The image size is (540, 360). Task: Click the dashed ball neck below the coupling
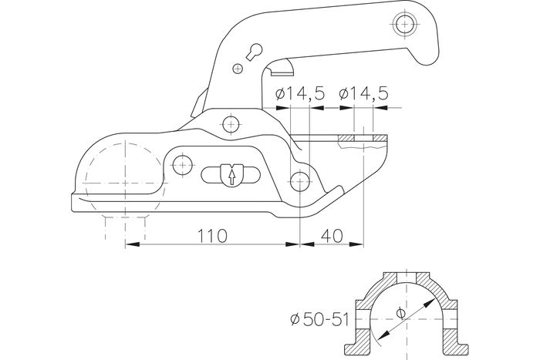(x=124, y=227)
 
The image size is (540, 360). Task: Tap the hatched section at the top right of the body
(x=363, y=140)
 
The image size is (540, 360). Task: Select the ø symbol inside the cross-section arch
(x=399, y=312)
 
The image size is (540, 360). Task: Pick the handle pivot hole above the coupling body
(x=228, y=123)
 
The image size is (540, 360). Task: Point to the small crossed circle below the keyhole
(x=238, y=69)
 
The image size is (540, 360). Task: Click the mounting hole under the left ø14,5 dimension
(x=301, y=180)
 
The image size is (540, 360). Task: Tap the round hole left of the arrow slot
(x=183, y=163)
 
